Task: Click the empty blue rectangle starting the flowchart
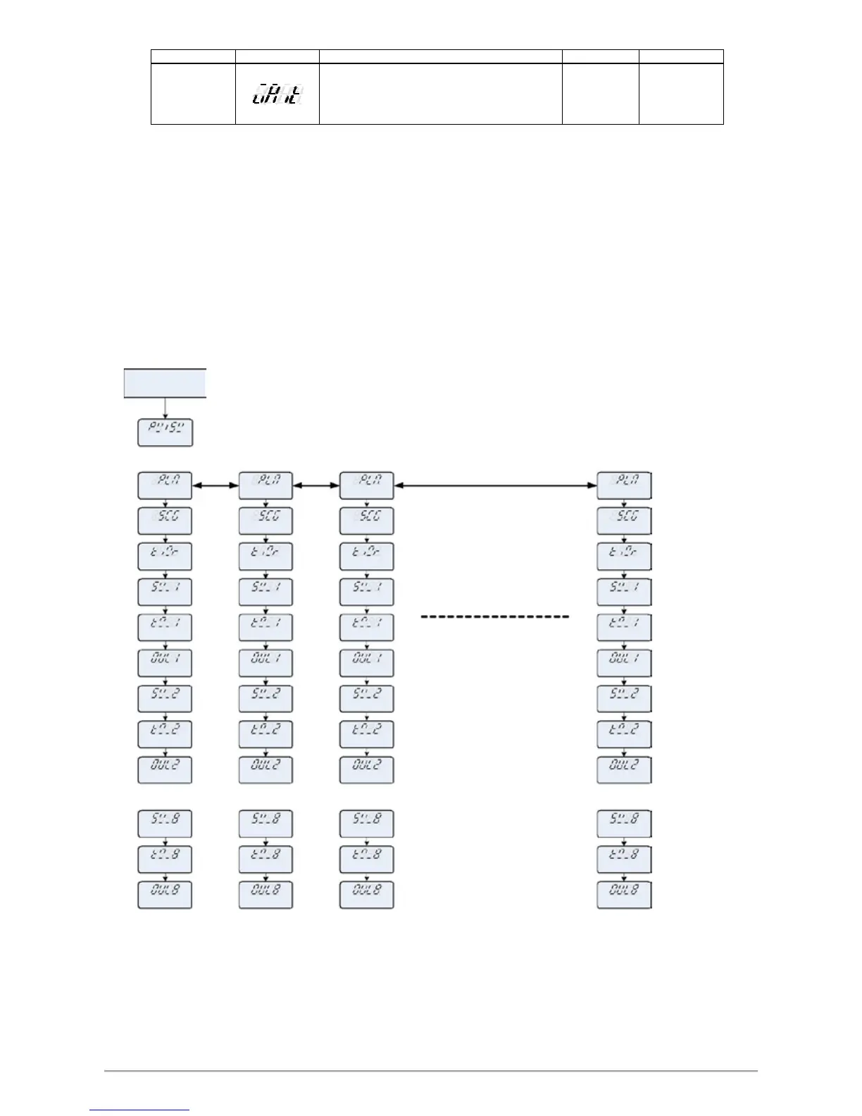click(165, 383)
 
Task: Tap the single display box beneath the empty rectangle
click(165, 433)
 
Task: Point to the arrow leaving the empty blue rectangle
click(165, 409)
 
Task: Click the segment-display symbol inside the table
click(277, 94)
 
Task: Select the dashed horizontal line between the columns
click(494, 616)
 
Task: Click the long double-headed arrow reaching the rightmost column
click(495, 485)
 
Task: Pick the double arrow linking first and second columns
click(215, 485)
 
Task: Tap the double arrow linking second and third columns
click(316, 485)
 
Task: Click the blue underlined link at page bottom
click(140, 1110)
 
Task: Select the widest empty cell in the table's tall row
click(440, 94)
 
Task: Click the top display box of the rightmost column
click(624, 485)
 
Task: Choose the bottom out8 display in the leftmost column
click(165, 894)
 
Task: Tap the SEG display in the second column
click(266, 521)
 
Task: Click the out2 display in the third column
click(366, 770)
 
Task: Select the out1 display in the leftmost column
click(165, 663)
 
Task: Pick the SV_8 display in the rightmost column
click(624, 824)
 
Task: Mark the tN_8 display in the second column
click(266, 859)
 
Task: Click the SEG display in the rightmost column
click(624, 521)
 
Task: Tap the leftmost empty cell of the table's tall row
click(193, 94)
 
